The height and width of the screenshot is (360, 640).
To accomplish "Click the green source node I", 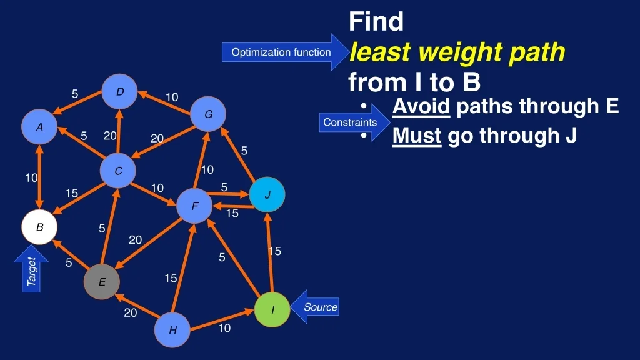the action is click(272, 309).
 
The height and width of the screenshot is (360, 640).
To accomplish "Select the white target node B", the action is click(39, 227).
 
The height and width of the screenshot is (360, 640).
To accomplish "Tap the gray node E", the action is click(102, 282).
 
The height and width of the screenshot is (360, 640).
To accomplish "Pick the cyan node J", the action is click(267, 195).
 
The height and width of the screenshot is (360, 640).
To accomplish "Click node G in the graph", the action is click(208, 114).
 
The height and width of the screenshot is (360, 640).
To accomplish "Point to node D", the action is click(119, 91).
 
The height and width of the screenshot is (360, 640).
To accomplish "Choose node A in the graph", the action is click(39, 126).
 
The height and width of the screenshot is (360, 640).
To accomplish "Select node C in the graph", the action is click(118, 171).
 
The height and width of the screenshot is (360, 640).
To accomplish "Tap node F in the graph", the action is click(194, 206).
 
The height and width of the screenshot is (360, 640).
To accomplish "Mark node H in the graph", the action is click(172, 330).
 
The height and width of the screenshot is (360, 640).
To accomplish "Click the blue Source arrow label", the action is click(315, 307).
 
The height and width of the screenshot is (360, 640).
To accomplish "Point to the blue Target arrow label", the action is click(31, 269).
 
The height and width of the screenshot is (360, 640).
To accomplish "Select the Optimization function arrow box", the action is click(286, 52).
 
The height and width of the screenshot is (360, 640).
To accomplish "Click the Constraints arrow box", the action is click(354, 122).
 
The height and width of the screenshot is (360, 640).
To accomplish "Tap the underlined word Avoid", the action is click(421, 106).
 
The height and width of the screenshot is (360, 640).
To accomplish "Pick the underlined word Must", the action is click(417, 136).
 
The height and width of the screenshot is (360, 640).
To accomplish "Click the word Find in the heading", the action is click(376, 21).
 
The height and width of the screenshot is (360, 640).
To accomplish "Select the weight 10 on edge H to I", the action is click(224, 327).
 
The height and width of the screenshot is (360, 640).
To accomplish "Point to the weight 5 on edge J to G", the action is click(244, 151).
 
